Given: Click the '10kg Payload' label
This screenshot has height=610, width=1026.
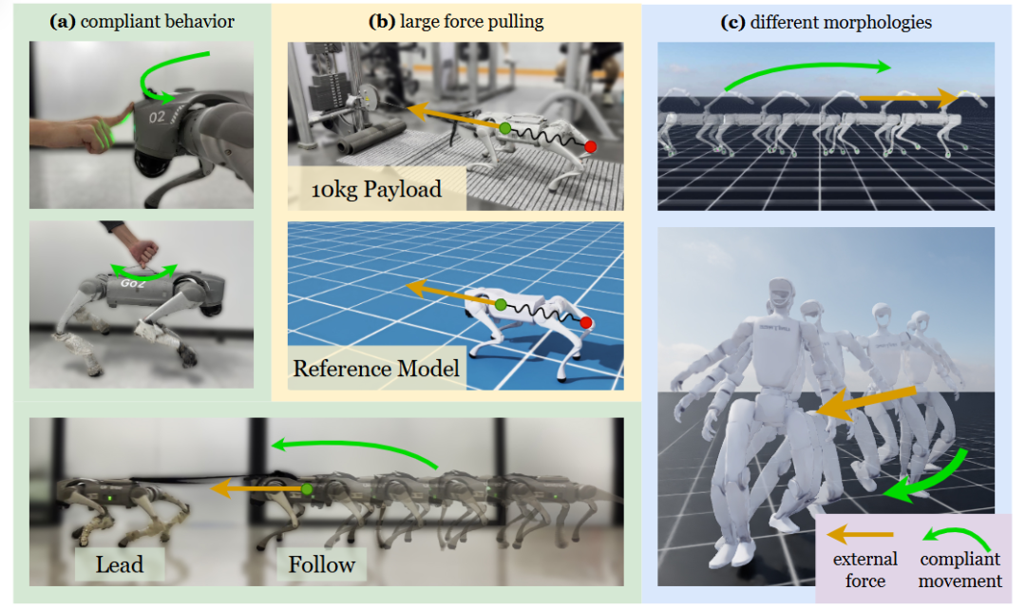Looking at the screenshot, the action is point(376,188).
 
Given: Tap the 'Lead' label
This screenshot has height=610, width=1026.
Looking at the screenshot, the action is point(120,564).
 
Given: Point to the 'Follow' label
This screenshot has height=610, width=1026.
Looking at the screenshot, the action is point(322,564).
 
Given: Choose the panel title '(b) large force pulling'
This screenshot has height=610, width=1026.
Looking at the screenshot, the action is point(456,22).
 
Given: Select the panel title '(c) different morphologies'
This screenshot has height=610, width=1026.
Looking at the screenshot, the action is point(826,22).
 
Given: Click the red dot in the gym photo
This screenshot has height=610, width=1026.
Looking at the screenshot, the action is point(590,146).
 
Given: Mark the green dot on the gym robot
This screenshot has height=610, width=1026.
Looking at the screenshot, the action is point(505,126).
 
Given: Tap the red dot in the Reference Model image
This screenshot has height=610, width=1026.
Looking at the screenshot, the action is point(589,323).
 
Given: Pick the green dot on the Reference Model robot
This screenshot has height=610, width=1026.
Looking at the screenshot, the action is point(501,304).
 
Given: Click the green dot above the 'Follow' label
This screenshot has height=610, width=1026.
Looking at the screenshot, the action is point(307,489).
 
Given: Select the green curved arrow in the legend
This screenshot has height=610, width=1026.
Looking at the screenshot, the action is point(960,539).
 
